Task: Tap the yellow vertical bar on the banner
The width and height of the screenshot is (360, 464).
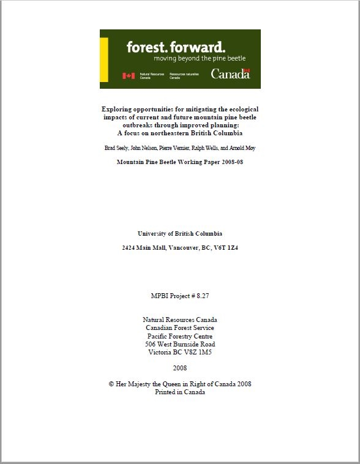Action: [104, 59]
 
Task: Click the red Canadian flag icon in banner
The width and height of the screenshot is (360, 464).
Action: [128, 76]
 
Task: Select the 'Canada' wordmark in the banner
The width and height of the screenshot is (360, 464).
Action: [230, 73]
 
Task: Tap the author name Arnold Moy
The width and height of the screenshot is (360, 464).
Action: [244, 148]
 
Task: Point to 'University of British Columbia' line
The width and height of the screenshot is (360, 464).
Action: [180, 234]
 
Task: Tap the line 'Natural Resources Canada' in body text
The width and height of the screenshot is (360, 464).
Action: [180, 320]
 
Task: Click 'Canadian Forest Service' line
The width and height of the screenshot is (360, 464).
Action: [180, 328]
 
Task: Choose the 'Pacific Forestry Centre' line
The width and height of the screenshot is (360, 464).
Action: [180, 336]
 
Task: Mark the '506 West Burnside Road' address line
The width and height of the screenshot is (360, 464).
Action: [180, 344]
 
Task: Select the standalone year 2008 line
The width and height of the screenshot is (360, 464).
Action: [180, 369]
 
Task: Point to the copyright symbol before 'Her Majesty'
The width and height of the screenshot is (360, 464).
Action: [111, 384]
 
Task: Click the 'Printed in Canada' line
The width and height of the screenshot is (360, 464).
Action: [180, 392]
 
